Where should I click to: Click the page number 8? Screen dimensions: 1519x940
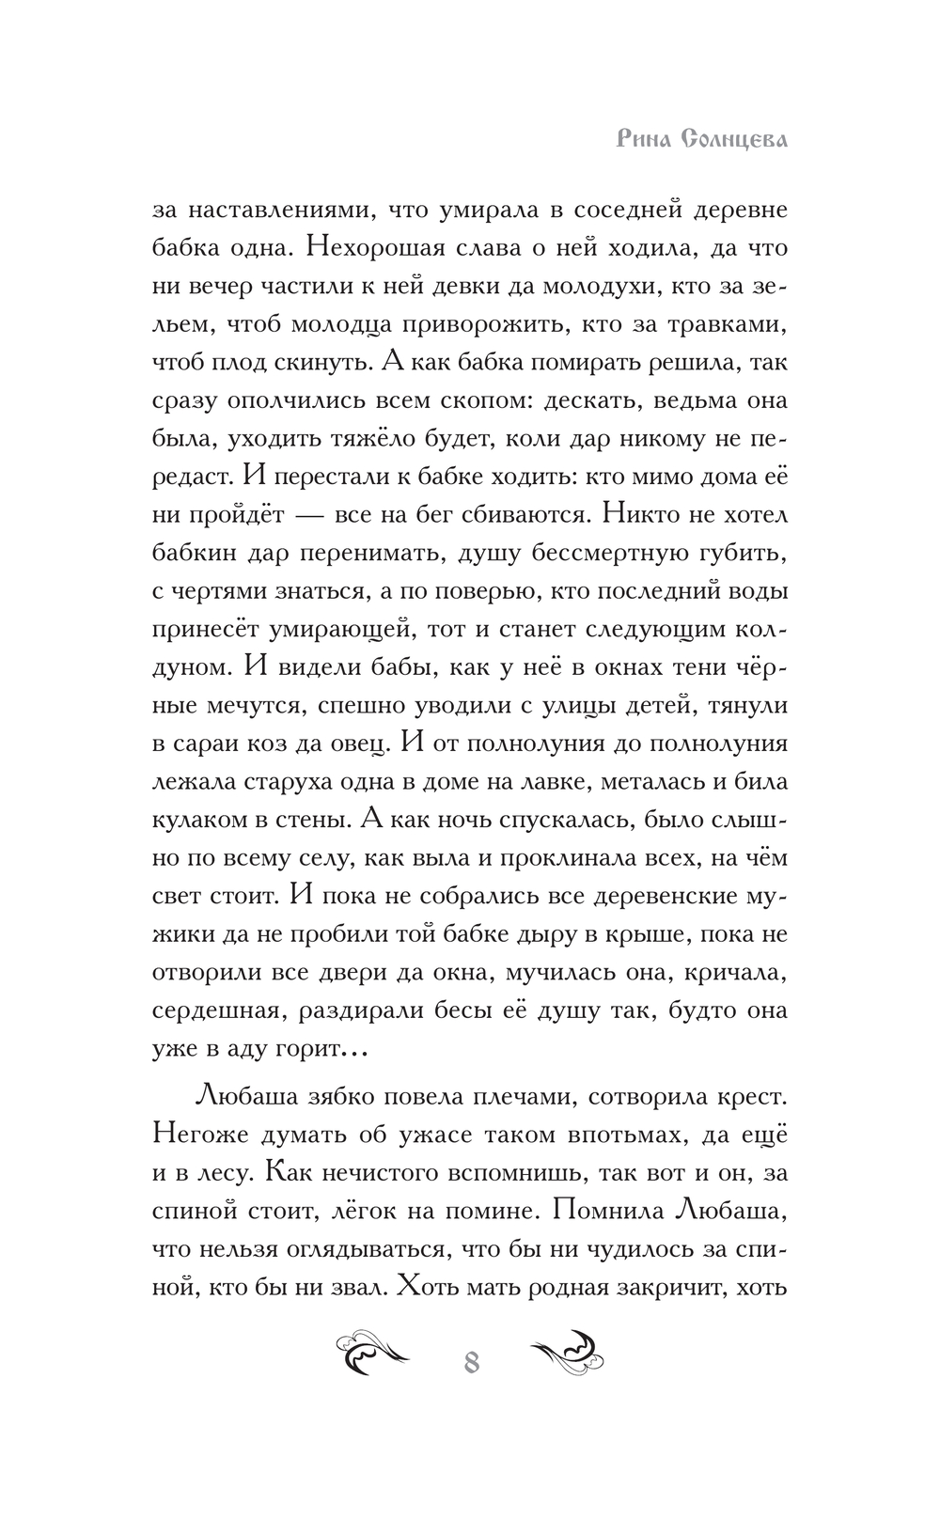pyautogui.click(x=471, y=1361)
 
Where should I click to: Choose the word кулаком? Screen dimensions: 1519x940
pyautogui.click(x=196, y=820)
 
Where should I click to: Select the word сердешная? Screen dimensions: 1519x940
pyautogui.click(x=216, y=1011)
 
